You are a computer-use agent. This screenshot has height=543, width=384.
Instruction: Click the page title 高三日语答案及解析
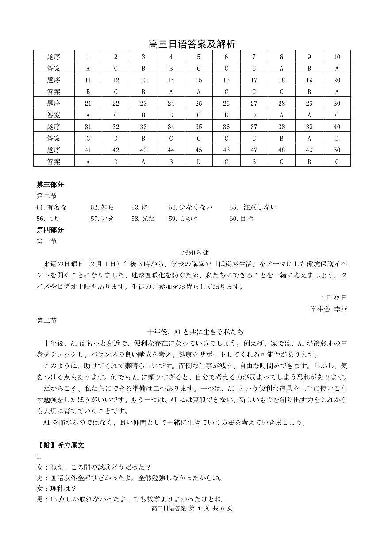click(192, 44)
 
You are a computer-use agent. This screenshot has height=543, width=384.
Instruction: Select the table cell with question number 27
click(254, 103)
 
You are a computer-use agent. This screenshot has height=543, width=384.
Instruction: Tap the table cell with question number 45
click(199, 150)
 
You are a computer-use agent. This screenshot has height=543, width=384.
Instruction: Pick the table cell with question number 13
click(143, 80)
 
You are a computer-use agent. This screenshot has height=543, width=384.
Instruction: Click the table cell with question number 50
click(337, 150)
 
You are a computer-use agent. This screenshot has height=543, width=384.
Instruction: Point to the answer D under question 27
click(254, 115)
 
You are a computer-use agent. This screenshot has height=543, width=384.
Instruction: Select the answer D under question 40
click(337, 139)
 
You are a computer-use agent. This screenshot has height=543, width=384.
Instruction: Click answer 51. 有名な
click(52, 207)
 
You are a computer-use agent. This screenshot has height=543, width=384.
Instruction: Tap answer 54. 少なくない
click(190, 207)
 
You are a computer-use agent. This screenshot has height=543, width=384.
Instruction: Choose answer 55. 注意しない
click(253, 207)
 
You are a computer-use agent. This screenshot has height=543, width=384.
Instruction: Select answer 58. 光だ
click(143, 219)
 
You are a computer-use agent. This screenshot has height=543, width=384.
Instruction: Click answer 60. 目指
click(241, 219)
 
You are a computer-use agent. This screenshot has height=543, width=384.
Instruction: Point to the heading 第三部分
click(50, 185)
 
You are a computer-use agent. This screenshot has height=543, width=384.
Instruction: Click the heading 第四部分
click(50, 230)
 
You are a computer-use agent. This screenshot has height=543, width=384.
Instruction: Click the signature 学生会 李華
click(329, 309)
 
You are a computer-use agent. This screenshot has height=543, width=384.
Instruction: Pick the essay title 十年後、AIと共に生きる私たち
click(195, 331)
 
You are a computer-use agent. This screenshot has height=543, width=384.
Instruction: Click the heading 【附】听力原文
click(60, 445)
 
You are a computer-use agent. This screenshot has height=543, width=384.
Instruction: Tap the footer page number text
click(192, 508)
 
